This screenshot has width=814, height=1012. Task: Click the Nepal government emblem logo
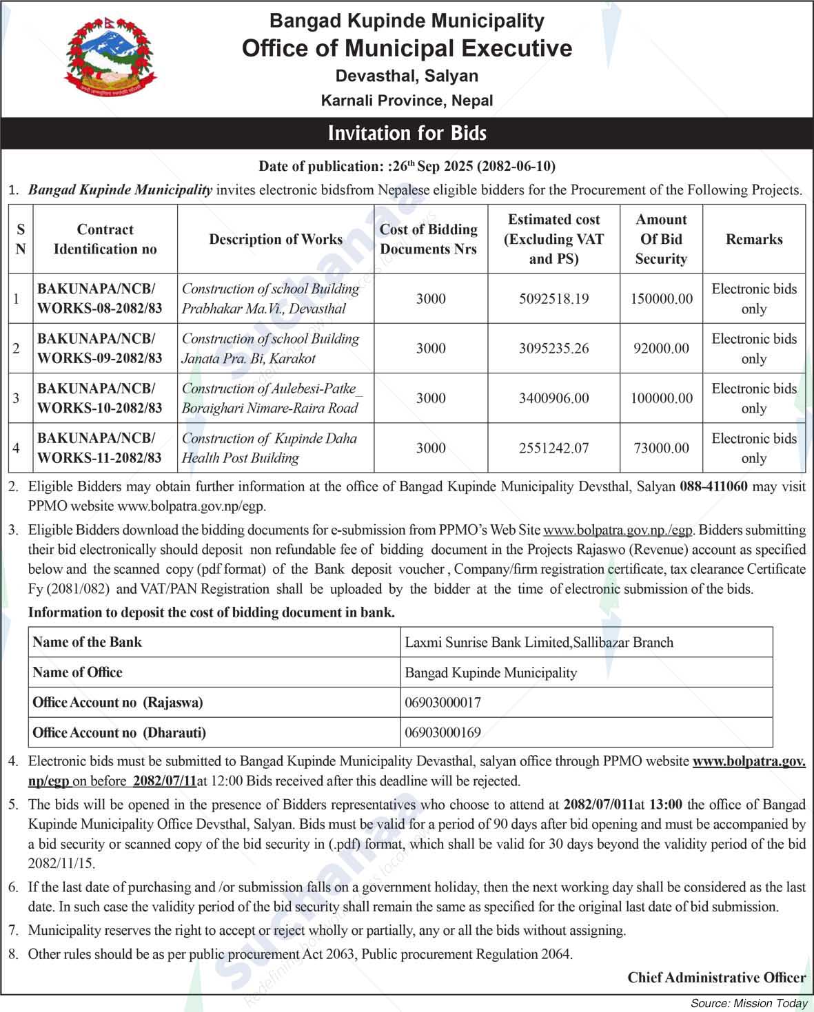coord(110,58)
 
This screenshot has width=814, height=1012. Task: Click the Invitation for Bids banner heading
coord(407,133)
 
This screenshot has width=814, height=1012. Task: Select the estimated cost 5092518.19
coord(553,299)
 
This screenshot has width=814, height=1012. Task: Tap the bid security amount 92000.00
coord(661,349)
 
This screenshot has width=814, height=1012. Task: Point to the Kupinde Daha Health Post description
coord(269,448)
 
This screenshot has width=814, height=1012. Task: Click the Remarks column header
coord(754,239)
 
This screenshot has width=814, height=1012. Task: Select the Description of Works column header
coord(276,239)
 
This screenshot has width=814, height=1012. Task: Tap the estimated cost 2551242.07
coord(553,448)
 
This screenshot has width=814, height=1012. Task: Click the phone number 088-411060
coord(713,486)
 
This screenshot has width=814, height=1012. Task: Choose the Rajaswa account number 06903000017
coord(443,703)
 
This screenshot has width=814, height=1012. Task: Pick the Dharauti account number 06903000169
coord(443,732)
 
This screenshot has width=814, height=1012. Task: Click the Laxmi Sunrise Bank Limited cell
coord(539,643)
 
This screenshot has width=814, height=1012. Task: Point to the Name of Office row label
coord(77,672)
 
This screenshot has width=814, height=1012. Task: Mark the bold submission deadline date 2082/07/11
coord(165,781)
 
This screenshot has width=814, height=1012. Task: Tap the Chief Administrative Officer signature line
coord(716,978)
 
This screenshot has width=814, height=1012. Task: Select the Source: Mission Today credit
coord(749,1003)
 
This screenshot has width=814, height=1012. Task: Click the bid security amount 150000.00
coord(661,299)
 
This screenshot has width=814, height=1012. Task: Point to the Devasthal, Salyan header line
coord(407,76)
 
